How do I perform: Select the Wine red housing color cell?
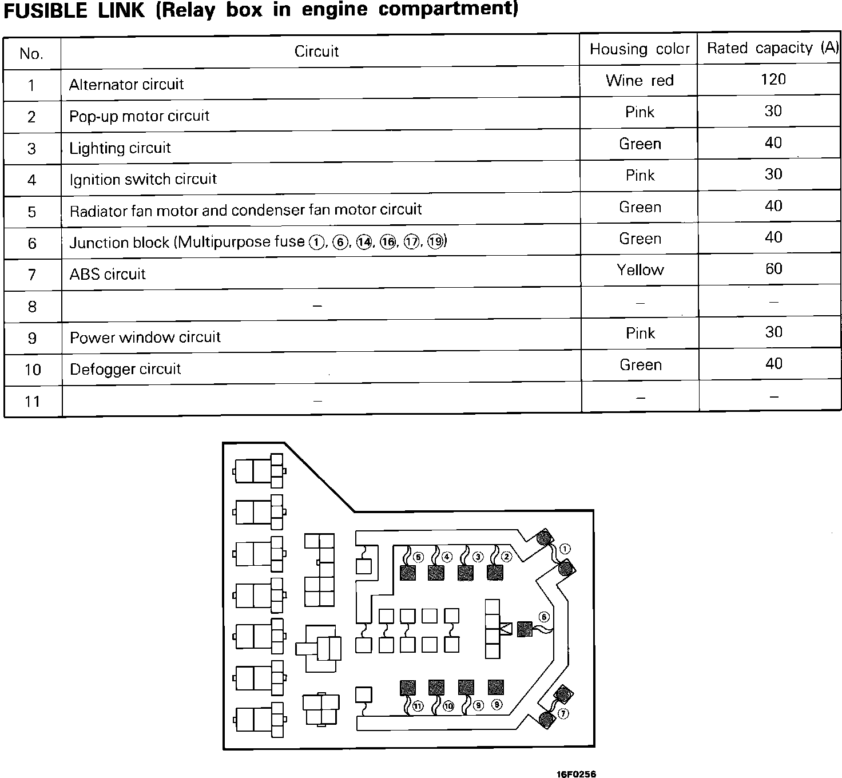coord(640,81)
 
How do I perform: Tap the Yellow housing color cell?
coord(640,269)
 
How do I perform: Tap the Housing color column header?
coord(640,49)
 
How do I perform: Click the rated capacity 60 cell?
coord(773,269)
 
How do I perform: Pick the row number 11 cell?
coord(33,401)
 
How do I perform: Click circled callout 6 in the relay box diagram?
coord(544,617)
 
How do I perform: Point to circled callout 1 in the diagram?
coord(565,549)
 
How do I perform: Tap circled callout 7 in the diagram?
coord(563,714)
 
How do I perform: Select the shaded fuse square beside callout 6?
coord(525,629)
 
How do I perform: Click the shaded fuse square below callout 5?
coord(408,572)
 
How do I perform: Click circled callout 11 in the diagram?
coord(418,706)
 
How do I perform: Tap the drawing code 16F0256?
coord(576,774)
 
